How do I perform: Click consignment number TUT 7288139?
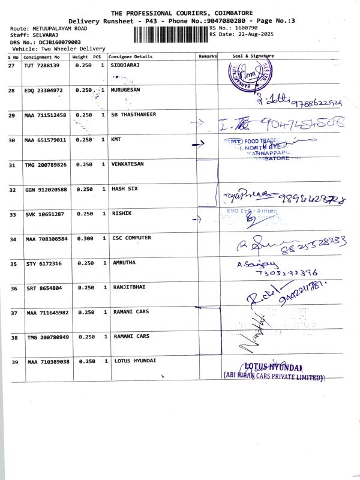click(42, 65)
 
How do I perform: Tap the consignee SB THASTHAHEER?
click(134, 115)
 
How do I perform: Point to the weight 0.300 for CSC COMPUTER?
click(83, 238)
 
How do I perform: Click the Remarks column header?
click(208, 56)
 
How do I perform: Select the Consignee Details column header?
click(130, 56)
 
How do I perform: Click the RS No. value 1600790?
click(247, 28)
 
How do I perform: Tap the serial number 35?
click(13, 263)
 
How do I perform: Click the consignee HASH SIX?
click(125, 189)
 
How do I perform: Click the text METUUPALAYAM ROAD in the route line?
click(59, 28)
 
